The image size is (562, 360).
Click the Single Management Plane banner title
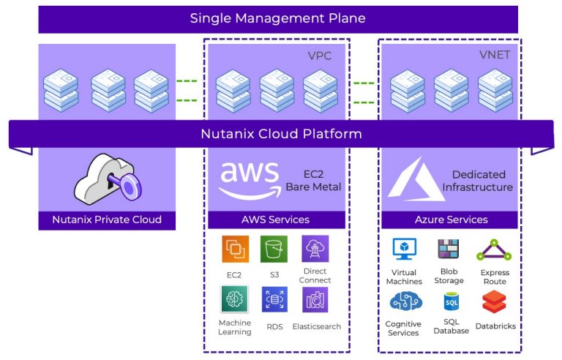point(277,18)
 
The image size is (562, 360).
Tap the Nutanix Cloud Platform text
point(281,134)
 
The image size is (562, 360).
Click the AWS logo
point(249,179)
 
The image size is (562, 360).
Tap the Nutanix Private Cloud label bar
point(107,220)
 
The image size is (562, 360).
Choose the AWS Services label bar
point(275,220)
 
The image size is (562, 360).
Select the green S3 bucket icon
point(274,249)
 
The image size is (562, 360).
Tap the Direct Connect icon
point(315,249)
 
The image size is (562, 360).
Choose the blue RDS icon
point(274,299)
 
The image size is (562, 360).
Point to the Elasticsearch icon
point(315,299)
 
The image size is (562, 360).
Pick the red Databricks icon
point(495,301)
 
